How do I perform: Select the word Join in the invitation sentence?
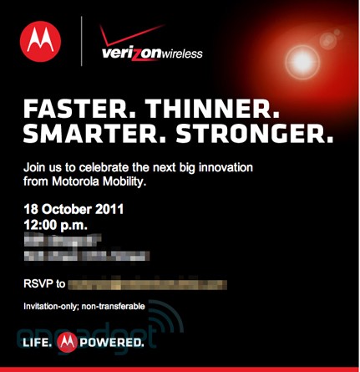point(35,169)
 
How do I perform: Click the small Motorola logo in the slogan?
point(70,343)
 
